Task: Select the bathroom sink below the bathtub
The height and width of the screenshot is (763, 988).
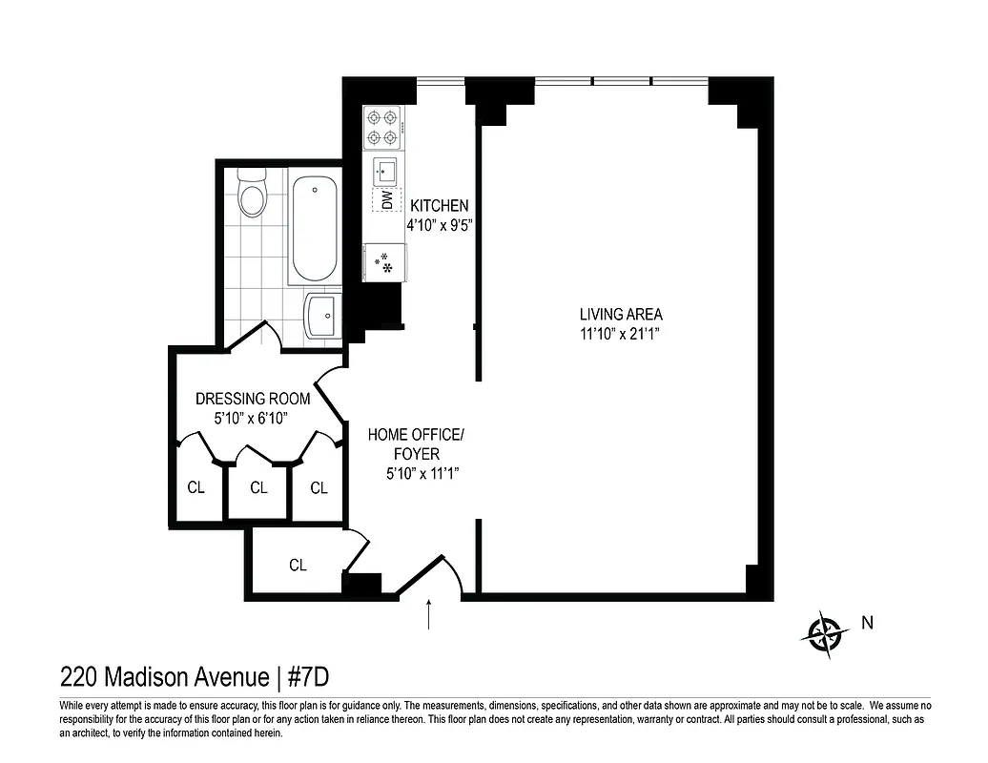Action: coord(322,315)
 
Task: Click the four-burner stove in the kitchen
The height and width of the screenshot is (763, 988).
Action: coord(383,128)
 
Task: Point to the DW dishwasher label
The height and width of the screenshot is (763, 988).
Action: coord(386,200)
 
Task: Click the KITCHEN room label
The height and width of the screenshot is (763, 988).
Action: coord(439,205)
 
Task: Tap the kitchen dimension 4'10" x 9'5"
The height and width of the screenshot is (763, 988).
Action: coord(441,227)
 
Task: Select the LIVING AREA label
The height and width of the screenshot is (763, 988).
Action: coord(621,314)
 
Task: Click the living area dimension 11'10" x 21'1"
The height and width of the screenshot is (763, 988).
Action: coord(621,334)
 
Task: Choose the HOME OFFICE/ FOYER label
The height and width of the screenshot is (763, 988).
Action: coord(416,444)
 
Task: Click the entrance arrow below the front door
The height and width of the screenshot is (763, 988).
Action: coord(429,614)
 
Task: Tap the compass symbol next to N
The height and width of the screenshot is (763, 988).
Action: coord(825,632)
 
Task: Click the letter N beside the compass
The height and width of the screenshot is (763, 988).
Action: coord(867,624)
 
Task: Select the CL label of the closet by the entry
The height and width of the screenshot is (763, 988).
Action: coord(298,566)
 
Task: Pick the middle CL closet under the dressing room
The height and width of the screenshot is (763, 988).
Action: coord(258,488)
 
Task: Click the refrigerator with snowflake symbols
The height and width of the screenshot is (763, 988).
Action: coord(383,262)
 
